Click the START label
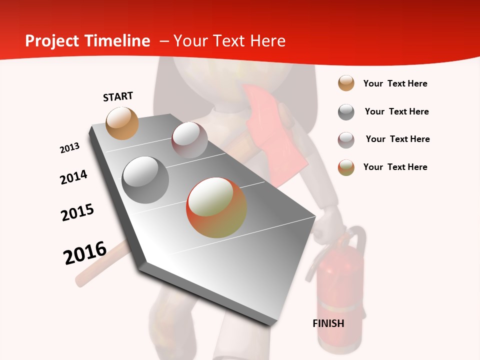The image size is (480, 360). (x=118, y=96)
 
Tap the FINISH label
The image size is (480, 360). (x=328, y=323)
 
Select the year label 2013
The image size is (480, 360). (x=70, y=148)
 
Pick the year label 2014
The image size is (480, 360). (x=74, y=177)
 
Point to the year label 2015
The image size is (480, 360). (x=77, y=212)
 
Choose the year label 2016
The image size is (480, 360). (x=85, y=252)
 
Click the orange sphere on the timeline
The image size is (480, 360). (x=122, y=123)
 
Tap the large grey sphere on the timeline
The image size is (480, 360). (x=145, y=180)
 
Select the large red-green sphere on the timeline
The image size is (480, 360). (x=216, y=207)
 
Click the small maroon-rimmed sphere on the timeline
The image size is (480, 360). (x=189, y=140)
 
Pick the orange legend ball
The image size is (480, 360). (x=346, y=83)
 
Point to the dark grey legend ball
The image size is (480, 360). (x=346, y=111)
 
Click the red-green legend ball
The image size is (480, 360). (x=346, y=167)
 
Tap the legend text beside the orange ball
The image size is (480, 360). (x=395, y=83)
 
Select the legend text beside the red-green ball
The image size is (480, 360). (x=395, y=167)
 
